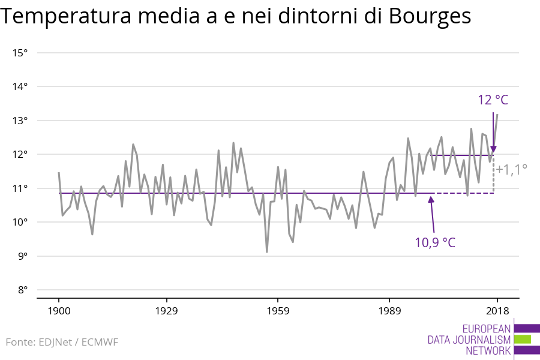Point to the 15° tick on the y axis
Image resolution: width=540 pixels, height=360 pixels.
[20, 53]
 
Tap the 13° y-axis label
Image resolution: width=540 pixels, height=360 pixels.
[20, 121]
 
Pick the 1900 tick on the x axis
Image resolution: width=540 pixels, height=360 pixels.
[59, 311]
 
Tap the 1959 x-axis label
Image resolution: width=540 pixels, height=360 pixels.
[277, 311]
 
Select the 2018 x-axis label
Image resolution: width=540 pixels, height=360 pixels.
[497, 311]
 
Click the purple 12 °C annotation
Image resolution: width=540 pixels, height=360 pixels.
[493, 100]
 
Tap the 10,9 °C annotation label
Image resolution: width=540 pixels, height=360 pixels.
[435, 243]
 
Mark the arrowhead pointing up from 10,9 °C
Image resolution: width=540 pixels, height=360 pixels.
[431, 199]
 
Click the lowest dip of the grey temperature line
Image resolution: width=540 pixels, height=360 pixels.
[266, 252]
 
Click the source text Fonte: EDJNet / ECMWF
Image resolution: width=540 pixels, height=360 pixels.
[62, 342]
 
